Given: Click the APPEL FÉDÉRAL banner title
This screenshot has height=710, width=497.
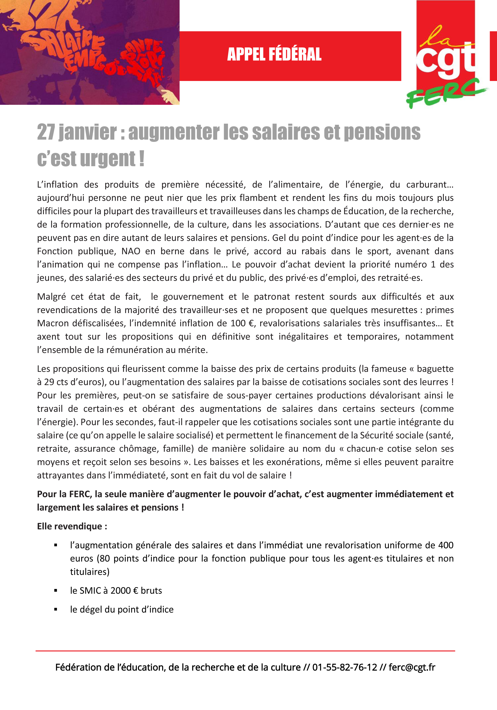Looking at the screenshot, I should coord(274,54).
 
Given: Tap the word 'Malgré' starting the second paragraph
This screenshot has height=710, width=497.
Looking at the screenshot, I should coord(51,297).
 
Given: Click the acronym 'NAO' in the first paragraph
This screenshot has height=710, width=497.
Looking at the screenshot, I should coord(131,251).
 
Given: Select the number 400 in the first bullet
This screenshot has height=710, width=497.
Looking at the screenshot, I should coord(446,545).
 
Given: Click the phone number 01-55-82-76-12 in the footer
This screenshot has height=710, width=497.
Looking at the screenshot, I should coord(345,667).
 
